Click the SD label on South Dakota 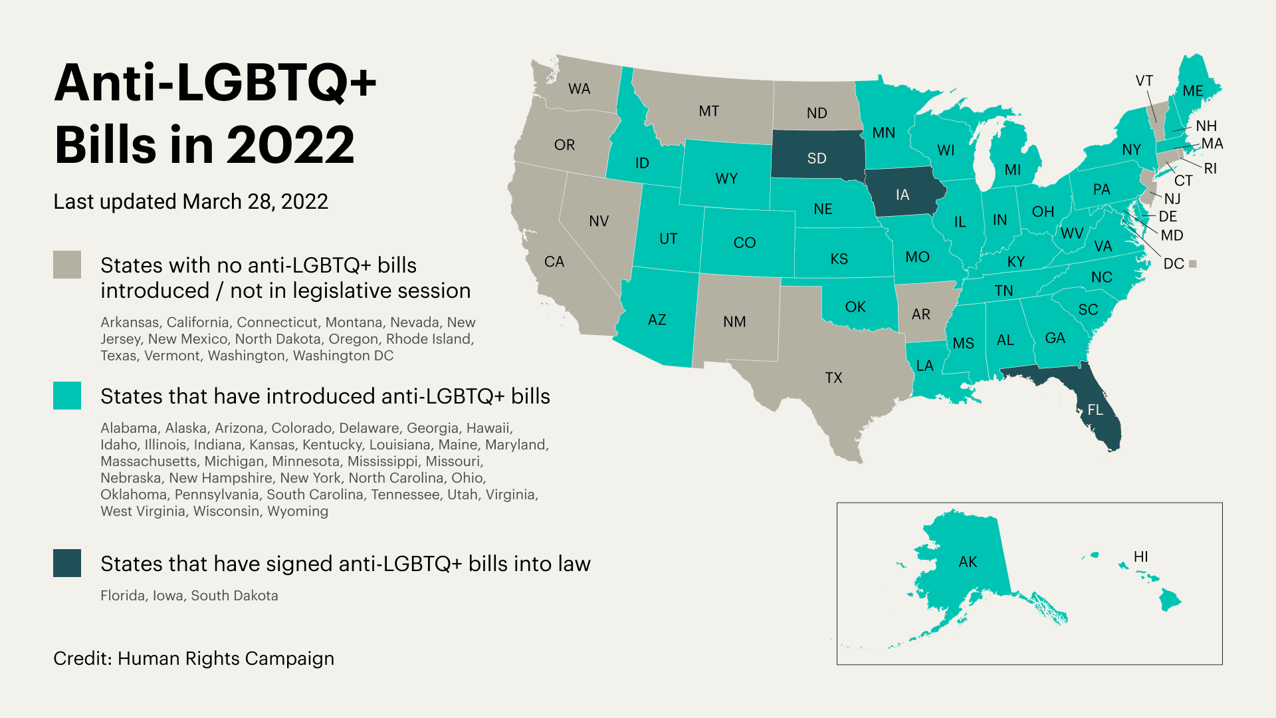[817, 158]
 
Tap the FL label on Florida [1095, 410]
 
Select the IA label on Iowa [902, 195]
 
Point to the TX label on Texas [833, 378]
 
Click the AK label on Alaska [968, 562]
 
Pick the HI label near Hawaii [1140, 556]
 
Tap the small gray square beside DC [1193, 264]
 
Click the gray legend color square [67, 265]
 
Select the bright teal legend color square [67, 396]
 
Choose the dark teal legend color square [67, 563]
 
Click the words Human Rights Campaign [226, 658]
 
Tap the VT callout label [1144, 80]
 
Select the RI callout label [1210, 168]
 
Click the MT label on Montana [708, 111]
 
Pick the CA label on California [554, 261]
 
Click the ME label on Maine [1193, 91]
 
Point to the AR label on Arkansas [920, 314]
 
